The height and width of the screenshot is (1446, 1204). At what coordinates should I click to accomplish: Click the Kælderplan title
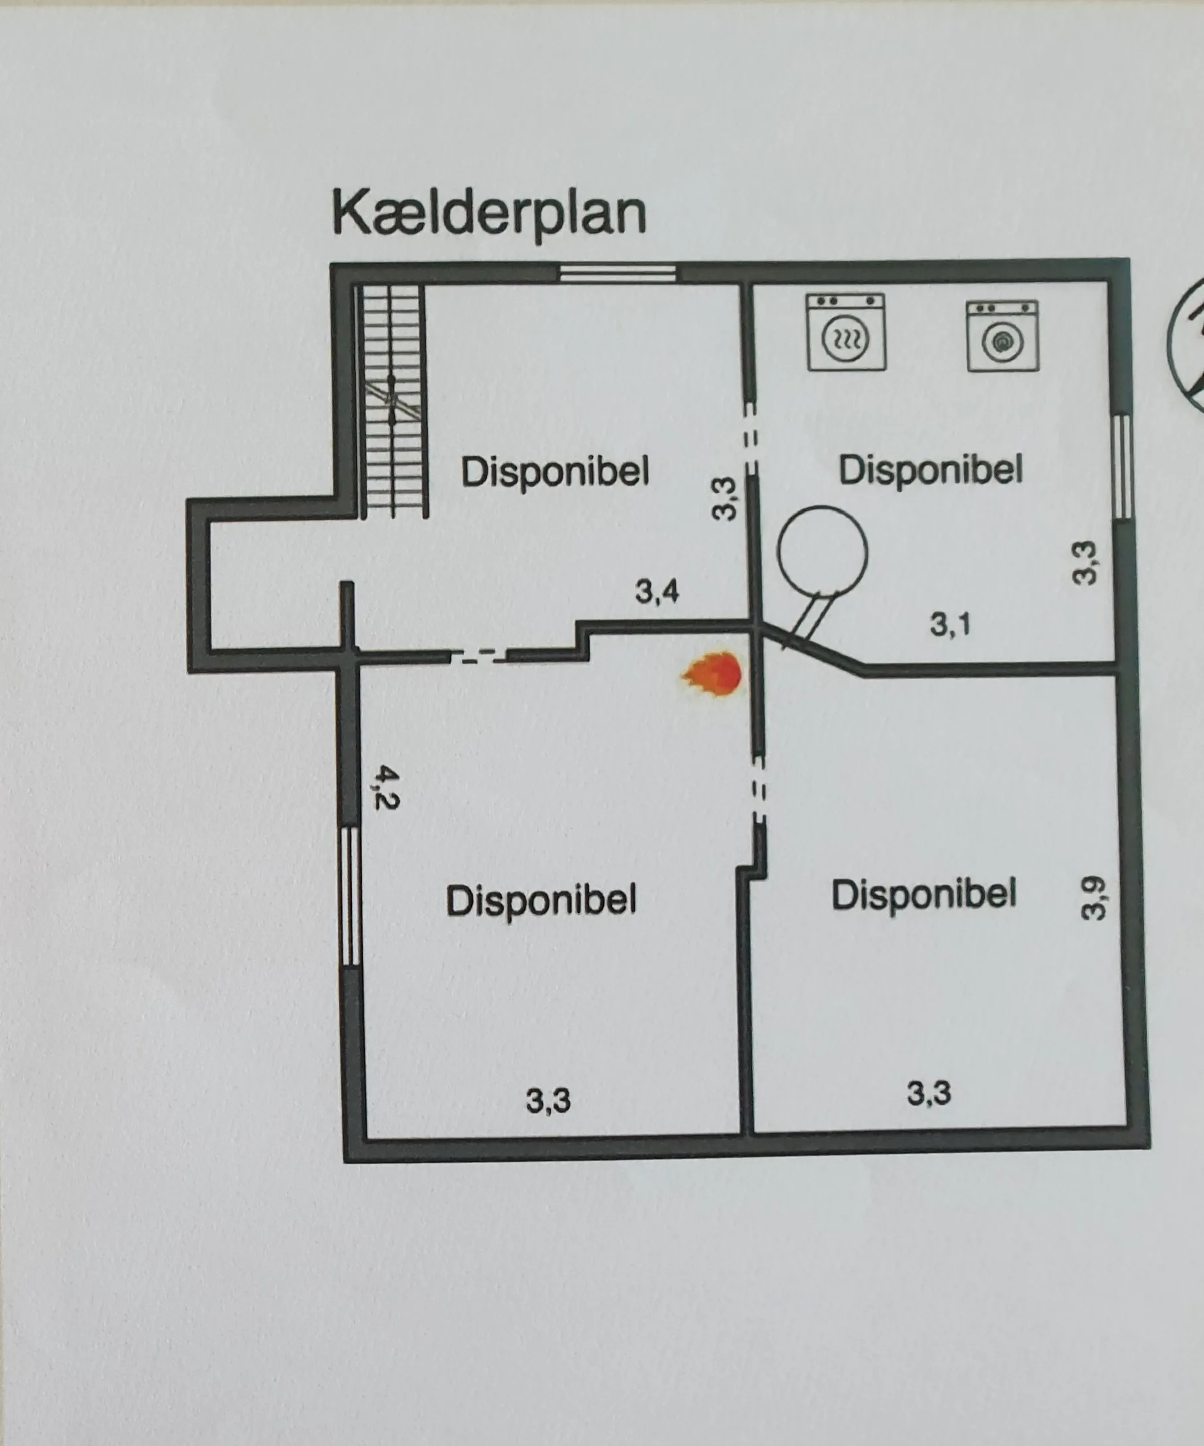click(x=489, y=214)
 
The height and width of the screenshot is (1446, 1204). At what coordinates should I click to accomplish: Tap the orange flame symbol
click(x=713, y=674)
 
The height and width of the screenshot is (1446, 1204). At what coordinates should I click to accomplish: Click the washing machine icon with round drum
click(x=1003, y=336)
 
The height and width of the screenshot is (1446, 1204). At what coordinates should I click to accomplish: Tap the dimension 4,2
click(x=386, y=789)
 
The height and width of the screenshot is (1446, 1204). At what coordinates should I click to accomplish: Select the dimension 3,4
click(x=657, y=592)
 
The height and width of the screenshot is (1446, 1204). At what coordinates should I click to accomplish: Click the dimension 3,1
click(x=950, y=624)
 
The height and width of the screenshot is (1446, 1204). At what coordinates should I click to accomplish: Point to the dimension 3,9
click(x=1092, y=898)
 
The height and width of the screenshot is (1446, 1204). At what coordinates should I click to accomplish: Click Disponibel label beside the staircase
click(x=555, y=472)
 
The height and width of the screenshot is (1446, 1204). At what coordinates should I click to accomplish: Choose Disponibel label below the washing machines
click(x=930, y=470)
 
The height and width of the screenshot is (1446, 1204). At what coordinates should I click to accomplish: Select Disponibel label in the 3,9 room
click(x=924, y=895)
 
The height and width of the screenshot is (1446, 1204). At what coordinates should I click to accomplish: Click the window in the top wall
click(x=617, y=274)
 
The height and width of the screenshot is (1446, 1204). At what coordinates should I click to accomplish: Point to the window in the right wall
click(x=1123, y=465)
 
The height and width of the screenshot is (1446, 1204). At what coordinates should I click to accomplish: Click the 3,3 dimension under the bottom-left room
click(x=548, y=1100)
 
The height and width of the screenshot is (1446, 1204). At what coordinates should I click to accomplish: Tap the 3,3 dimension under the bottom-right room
click(x=929, y=1093)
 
